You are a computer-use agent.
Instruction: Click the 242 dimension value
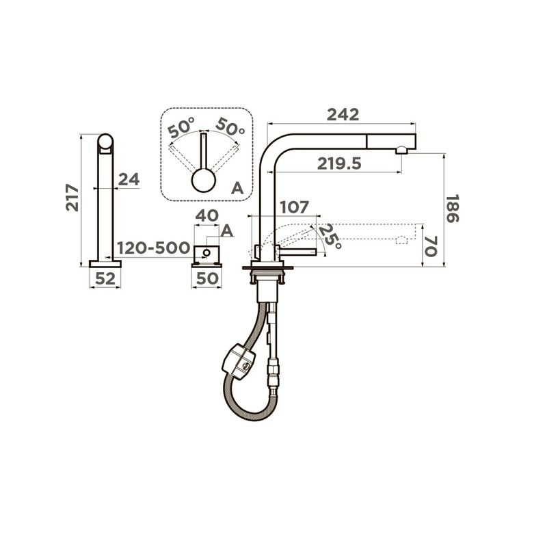tap(343, 114)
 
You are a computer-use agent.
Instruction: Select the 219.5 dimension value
tap(339, 163)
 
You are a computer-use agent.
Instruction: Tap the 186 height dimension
tap(453, 209)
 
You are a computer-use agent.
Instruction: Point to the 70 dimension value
tap(431, 246)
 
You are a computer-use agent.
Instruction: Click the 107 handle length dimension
tap(294, 207)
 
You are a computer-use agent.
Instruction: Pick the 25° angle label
tap(330, 236)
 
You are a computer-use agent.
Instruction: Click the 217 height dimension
tap(72, 198)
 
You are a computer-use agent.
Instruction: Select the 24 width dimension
tap(129, 179)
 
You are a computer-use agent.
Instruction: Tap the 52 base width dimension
tap(105, 278)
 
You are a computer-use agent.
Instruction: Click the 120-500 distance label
tap(153, 248)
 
